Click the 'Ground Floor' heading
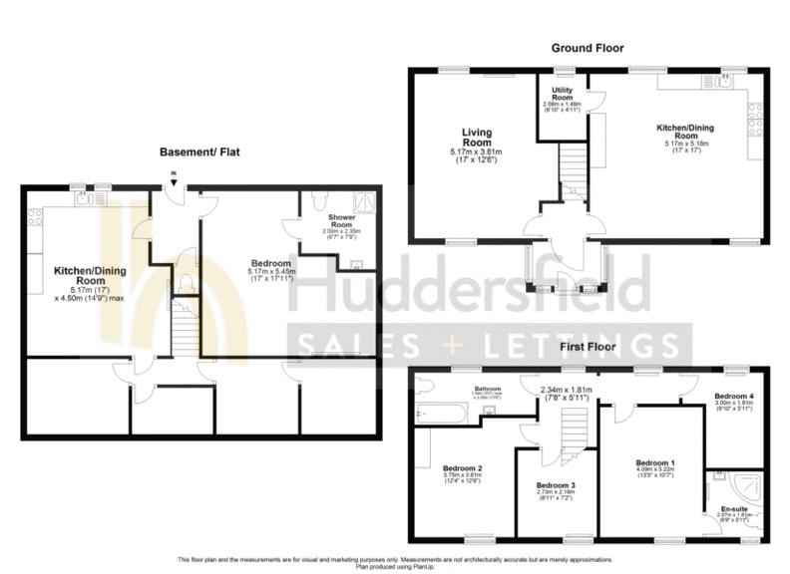(x=588, y=48)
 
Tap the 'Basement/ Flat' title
(x=198, y=152)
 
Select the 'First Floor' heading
(x=588, y=347)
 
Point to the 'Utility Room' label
(x=562, y=94)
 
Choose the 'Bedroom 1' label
(x=655, y=462)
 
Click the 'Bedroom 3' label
(x=556, y=485)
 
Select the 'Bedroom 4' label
(x=733, y=397)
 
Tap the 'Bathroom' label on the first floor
(x=487, y=388)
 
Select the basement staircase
(x=186, y=329)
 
